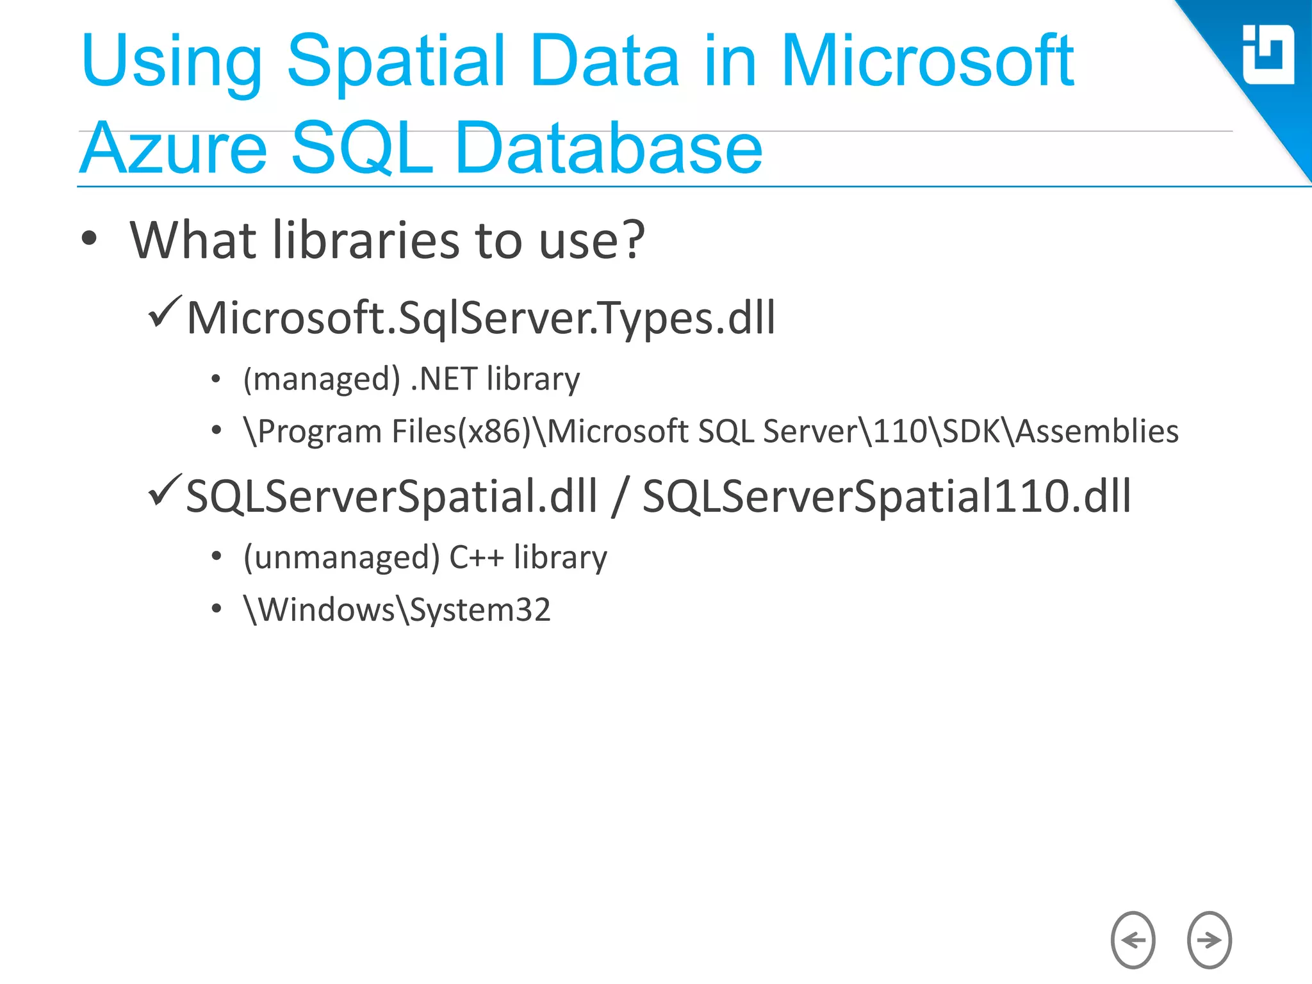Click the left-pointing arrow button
click(x=1133, y=940)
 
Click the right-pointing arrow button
click(x=1209, y=940)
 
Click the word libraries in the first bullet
click(x=367, y=240)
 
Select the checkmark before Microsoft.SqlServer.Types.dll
click(x=165, y=312)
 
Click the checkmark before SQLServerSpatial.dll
click(x=165, y=491)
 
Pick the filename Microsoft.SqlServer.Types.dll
click(x=480, y=318)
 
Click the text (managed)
click(x=322, y=379)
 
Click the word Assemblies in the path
click(x=1097, y=431)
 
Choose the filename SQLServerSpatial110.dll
click(x=887, y=496)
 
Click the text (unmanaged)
click(x=341, y=557)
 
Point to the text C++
click(x=476, y=557)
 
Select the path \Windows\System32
click(x=397, y=609)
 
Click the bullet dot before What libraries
click(x=90, y=239)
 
